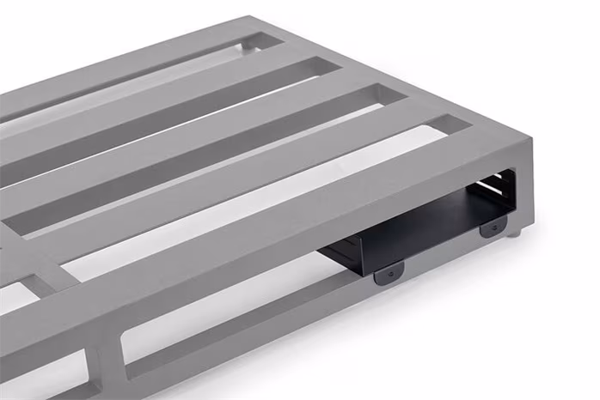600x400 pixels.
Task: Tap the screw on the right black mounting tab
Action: point(493,228)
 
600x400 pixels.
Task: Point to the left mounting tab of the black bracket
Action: point(389,272)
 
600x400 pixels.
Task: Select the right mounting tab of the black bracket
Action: point(493,227)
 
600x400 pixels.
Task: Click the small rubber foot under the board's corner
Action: point(514,233)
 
